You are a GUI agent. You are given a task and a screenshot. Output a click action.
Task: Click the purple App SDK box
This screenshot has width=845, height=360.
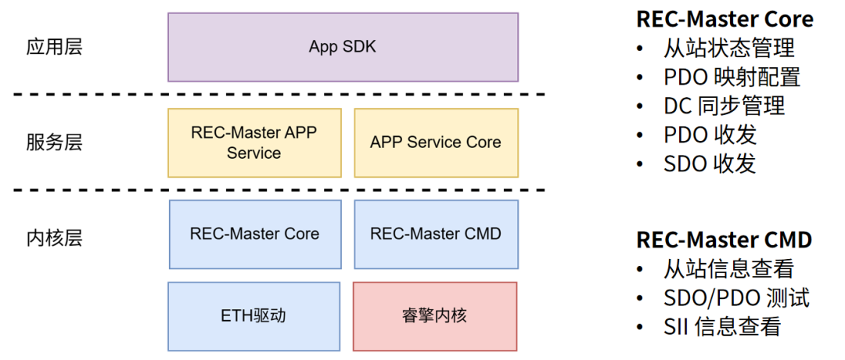(343, 47)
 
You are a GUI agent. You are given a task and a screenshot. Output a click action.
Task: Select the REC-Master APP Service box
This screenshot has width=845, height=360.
(254, 142)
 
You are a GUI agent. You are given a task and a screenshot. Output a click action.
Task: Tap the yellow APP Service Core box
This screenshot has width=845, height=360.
(436, 142)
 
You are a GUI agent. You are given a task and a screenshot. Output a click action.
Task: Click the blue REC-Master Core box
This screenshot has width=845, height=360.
(254, 234)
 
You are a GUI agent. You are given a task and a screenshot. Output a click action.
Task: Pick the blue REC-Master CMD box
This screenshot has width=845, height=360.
(436, 234)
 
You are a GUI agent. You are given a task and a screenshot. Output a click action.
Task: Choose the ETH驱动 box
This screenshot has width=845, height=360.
(254, 316)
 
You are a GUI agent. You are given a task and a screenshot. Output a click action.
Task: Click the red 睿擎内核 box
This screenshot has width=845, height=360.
(436, 316)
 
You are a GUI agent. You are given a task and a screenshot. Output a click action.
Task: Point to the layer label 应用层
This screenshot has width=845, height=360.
(54, 47)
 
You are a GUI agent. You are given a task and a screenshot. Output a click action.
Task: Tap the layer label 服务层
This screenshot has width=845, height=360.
(54, 142)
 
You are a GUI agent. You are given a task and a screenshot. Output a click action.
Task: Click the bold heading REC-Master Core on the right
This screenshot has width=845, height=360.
(725, 20)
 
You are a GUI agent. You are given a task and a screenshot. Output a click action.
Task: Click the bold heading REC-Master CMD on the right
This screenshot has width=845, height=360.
(724, 239)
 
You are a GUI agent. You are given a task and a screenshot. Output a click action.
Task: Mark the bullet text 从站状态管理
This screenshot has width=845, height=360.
(728, 49)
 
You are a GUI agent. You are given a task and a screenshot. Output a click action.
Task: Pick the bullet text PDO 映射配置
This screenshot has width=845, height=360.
(732, 77)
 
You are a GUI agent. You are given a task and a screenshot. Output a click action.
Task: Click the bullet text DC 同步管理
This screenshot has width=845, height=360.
(724, 106)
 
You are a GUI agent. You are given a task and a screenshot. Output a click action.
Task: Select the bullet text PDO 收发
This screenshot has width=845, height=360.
(710, 135)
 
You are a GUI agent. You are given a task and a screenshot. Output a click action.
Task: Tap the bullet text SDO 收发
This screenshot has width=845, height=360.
(710, 164)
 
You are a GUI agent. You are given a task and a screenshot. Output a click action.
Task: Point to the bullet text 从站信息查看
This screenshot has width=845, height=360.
(728, 269)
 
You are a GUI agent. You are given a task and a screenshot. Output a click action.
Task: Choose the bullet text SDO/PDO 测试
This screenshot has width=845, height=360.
(736, 298)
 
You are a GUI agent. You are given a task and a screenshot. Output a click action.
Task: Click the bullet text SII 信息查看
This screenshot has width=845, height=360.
(722, 326)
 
